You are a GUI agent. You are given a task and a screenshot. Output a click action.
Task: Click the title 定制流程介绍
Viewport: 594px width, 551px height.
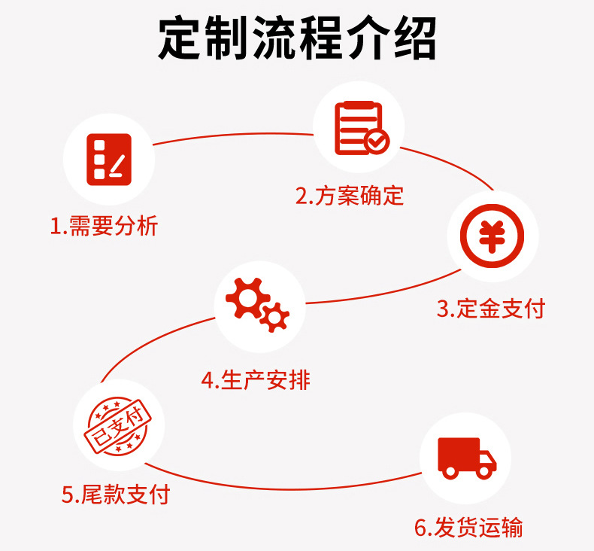[x=297, y=38]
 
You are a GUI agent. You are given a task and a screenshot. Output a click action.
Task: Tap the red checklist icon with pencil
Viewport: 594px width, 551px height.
[x=109, y=160]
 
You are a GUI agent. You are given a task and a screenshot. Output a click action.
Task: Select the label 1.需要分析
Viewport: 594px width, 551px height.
[x=105, y=226]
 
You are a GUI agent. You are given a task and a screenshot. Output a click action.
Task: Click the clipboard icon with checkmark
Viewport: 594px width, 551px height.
[x=362, y=128]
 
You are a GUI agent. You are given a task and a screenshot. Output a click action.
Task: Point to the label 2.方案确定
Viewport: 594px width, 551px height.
[x=350, y=196]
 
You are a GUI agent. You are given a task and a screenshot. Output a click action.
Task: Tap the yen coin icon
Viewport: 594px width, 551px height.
[x=492, y=236]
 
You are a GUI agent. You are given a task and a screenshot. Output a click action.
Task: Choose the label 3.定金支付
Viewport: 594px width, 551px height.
[x=491, y=309]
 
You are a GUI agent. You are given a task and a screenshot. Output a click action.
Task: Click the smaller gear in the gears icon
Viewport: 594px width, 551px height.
[x=274, y=318]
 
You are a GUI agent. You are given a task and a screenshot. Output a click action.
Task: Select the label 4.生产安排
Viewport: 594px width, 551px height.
[x=256, y=380]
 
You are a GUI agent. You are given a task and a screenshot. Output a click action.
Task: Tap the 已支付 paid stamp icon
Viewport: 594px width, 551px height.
[x=119, y=426]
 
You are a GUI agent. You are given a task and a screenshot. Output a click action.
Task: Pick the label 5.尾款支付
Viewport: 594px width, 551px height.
[x=116, y=494]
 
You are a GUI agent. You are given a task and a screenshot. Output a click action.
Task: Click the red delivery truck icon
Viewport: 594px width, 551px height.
[x=467, y=458]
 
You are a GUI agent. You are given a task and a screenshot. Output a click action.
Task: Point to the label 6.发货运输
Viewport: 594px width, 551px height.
[x=468, y=527]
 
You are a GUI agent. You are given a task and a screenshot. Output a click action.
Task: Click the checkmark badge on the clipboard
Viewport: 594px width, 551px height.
[x=377, y=142]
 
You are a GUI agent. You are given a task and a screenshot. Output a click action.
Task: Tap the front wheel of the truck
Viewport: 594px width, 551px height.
[x=484, y=472]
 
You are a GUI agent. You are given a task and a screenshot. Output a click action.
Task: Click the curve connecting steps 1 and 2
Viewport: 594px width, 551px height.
[x=232, y=135]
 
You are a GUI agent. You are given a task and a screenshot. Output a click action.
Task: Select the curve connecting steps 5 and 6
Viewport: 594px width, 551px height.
[x=282, y=489]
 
